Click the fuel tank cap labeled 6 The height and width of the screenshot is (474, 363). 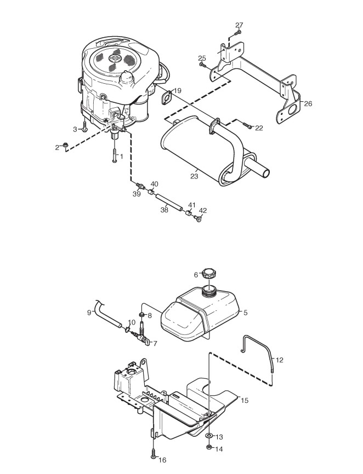coord(209,274)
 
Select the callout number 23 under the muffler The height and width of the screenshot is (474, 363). coord(194,176)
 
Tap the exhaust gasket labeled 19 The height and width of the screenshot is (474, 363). coord(167,99)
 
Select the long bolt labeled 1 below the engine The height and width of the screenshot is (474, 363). coord(115,154)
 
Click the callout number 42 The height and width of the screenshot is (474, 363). coord(203,211)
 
